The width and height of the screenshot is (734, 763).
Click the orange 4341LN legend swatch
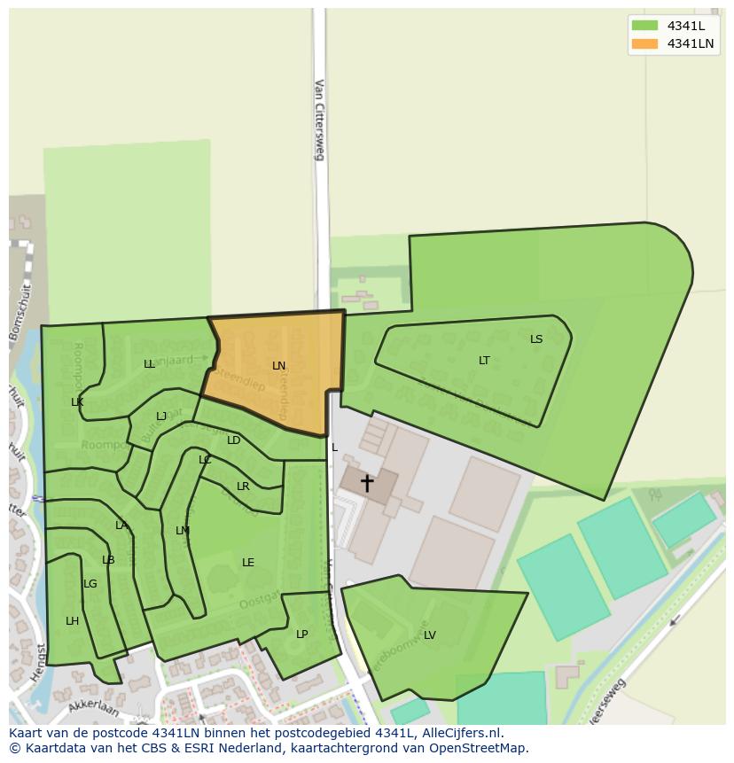click(x=644, y=43)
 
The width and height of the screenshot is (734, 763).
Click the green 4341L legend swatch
click(x=644, y=26)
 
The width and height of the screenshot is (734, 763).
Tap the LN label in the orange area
click(x=279, y=366)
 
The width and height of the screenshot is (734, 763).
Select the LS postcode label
click(x=536, y=339)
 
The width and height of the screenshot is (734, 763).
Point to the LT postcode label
click(x=484, y=361)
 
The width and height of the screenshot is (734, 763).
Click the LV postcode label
click(x=430, y=635)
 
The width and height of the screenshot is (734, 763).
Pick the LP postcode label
click(x=302, y=635)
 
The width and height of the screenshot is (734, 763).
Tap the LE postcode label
click(x=248, y=563)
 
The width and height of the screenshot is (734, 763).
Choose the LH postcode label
click(x=72, y=621)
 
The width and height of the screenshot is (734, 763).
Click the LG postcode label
click(x=90, y=584)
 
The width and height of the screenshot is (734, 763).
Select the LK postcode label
click(x=77, y=402)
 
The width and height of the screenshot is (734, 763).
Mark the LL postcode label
click(x=149, y=364)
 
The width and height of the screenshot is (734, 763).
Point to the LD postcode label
click(x=234, y=440)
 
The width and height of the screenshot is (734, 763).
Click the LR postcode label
click(x=243, y=487)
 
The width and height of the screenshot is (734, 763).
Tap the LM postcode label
click(x=183, y=531)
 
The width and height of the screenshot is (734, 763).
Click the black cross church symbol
click(x=367, y=483)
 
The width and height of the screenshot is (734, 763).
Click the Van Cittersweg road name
click(x=320, y=120)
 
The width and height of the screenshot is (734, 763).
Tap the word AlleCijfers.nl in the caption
click(x=460, y=733)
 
